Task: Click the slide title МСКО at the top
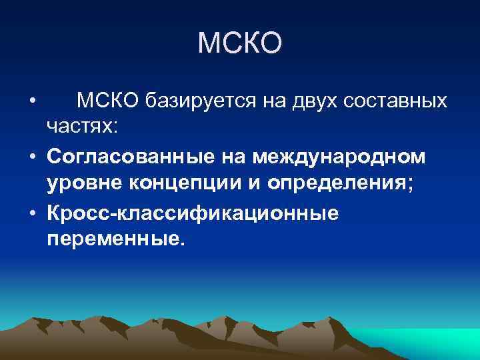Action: coord(240,43)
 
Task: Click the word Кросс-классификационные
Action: coord(192,213)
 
